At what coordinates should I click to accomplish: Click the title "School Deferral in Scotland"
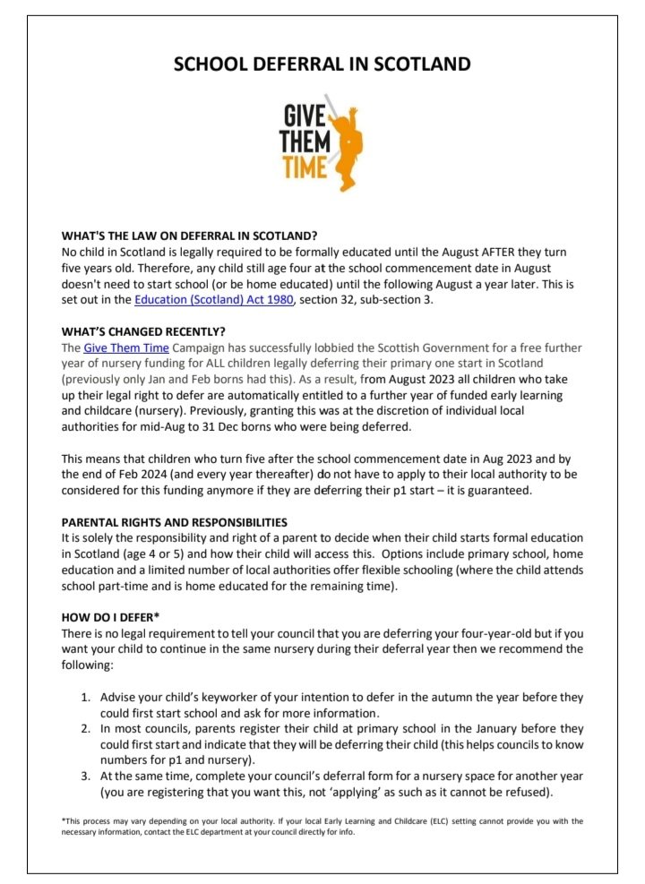click(x=322, y=64)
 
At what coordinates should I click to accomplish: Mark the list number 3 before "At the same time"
click(x=86, y=777)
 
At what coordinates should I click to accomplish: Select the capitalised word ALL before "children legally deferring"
click(x=235, y=364)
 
